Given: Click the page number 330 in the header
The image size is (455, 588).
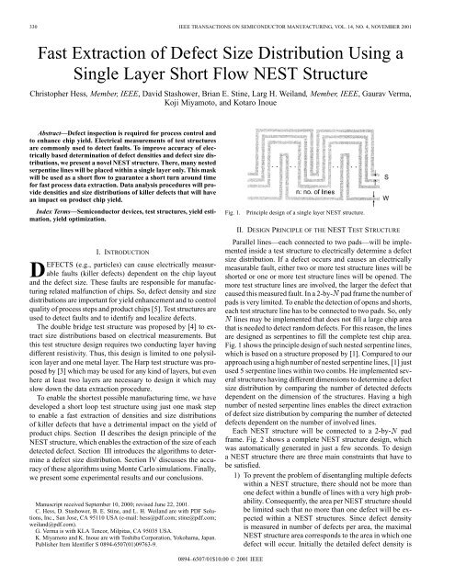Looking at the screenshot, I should [13, 8].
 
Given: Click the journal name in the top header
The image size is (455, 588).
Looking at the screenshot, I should [267, 8].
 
